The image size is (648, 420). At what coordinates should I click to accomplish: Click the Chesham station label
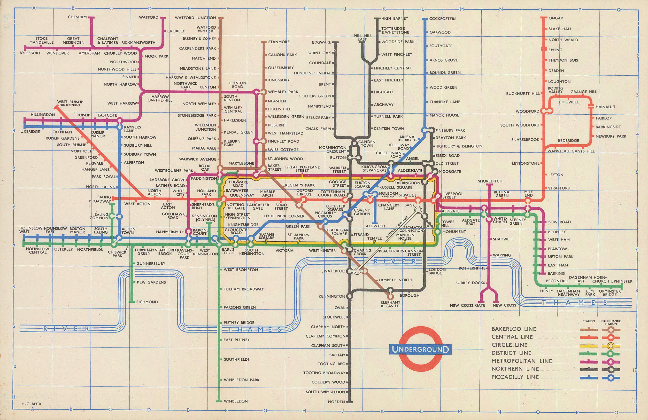[x=77, y=17]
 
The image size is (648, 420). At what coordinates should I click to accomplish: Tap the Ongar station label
[x=555, y=18]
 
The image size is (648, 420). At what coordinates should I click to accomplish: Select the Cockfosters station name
[x=442, y=18]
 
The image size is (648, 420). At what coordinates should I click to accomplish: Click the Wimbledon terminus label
[x=236, y=401]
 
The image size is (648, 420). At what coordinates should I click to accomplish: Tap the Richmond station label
[x=147, y=302]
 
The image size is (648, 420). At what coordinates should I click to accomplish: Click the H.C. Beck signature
[x=31, y=404]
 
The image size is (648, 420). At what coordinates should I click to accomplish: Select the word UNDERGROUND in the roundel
[x=420, y=349]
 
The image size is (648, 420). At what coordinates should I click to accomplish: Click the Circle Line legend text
[x=509, y=345]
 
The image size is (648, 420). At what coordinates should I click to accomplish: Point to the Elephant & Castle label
[x=390, y=304]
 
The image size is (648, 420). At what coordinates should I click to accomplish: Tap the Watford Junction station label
[x=195, y=18]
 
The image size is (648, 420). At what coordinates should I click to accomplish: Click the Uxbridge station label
[x=30, y=132]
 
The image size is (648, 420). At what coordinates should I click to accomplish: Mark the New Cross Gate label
[x=467, y=305]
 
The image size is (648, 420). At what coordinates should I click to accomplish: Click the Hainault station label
[x=605, y=107]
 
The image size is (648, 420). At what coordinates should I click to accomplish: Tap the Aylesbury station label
[x=30, y=53]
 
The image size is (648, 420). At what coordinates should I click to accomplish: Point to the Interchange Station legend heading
[x=610, y=322]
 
